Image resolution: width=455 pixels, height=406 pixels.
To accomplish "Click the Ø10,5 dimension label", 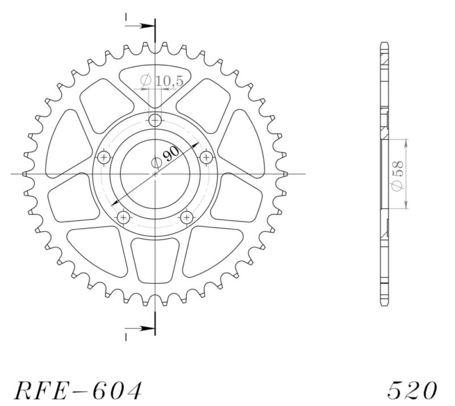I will [x=162, y=81].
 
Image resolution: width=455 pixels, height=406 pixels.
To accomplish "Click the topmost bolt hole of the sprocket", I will [x=155, y=120].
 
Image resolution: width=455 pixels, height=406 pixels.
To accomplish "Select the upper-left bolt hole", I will [x=104, y=157].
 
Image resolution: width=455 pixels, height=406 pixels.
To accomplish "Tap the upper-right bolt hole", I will [x=206, y=157].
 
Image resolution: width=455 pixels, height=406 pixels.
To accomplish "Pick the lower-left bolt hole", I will [x=123, y=217].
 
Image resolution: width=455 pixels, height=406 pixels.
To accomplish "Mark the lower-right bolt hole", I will [x=187, y=217].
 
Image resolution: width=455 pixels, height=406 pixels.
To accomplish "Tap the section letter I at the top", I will [x=125, y=19].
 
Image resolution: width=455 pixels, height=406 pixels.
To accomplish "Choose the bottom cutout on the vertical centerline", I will [x=155, y=258].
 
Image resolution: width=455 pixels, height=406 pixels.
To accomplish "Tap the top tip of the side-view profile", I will [x=385, y=44].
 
